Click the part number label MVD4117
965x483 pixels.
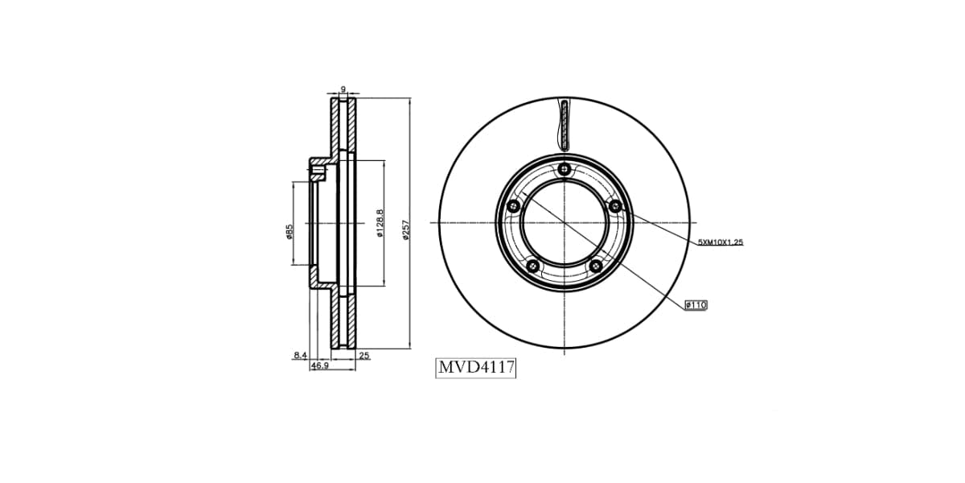coord(475,368)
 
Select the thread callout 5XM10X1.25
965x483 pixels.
coord(720,242)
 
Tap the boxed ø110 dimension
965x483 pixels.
coord(696,304)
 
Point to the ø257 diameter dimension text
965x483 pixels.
coord(406,229)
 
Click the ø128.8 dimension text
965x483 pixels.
coord(380,224)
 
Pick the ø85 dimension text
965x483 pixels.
coord(288,232)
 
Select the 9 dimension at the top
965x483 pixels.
coord(343,89)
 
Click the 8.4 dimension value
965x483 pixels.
coord(300,354)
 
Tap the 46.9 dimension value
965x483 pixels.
coord(319,365)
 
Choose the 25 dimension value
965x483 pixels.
coord(363,355)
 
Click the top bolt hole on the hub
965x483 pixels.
coord(565,169)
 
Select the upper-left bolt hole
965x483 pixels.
coord(514,207)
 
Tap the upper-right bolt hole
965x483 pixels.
coord(615,207)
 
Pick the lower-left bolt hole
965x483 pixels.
coord(532,266)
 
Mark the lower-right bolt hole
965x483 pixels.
coord(596,266)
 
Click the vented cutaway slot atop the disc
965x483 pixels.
coord(565,125)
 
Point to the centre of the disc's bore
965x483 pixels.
coord(565,222)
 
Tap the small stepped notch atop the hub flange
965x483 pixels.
coord(318,170)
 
